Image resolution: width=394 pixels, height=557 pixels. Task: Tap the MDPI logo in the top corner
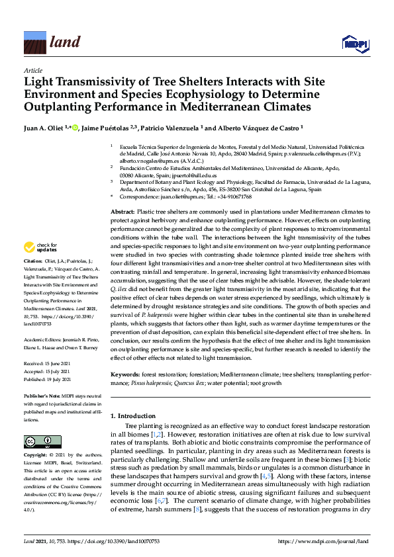click(x=354, y=44)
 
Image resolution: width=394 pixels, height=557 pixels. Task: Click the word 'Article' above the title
click(x=32, y=70)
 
